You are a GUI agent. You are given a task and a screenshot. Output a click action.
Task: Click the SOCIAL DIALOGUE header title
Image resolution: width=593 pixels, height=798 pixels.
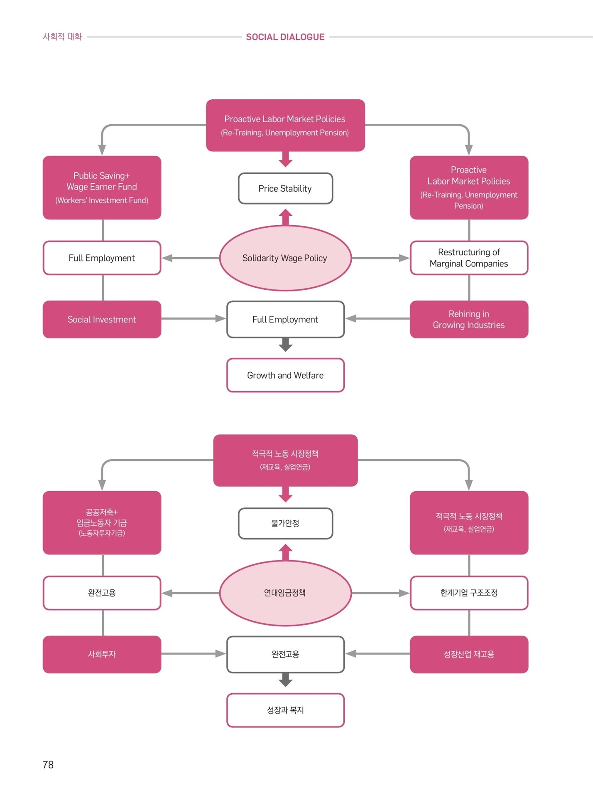285,37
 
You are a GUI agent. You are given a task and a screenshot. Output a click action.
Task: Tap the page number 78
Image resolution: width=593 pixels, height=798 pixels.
48,765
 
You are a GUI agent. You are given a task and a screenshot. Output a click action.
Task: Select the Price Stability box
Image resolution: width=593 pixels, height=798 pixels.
286,189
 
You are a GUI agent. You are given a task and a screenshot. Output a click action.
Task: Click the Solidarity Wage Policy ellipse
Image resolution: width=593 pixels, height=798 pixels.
285,258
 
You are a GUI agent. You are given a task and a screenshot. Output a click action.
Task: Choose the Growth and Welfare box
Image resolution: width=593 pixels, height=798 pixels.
286,375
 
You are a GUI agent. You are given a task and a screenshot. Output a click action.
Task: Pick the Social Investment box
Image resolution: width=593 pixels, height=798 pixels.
102,319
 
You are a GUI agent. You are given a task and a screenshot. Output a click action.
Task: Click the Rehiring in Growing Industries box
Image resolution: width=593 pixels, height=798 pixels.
469,319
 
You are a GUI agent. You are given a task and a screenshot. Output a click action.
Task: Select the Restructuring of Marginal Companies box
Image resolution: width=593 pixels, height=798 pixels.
469,258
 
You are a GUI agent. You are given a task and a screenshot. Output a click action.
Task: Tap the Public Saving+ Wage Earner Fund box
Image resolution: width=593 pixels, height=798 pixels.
102,187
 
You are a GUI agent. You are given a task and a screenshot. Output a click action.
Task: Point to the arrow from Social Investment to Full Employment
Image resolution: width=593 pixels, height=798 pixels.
194,319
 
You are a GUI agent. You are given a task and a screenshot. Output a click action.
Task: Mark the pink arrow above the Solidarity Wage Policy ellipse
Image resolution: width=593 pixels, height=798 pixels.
285,217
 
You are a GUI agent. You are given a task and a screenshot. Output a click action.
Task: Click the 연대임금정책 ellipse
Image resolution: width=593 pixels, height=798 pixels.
285,593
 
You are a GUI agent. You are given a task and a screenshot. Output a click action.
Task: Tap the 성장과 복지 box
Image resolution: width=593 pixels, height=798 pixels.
286,710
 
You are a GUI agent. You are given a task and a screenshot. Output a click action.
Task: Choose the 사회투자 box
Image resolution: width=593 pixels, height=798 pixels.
102,654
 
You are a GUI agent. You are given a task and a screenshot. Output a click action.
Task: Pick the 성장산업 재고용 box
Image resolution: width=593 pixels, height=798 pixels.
469,654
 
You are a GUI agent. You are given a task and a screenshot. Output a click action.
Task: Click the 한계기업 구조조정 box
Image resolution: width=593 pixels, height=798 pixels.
469,593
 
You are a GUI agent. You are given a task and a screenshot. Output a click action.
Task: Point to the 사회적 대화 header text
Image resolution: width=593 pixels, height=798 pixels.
62,37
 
